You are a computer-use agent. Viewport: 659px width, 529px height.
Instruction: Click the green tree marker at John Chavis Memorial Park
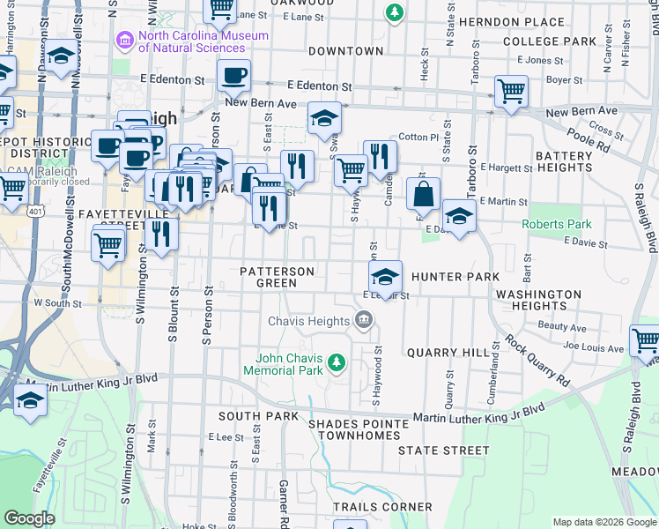pyautogui.click(x=336, y=362)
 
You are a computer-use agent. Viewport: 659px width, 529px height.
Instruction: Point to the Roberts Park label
pyautogui.click(x=557, y=224)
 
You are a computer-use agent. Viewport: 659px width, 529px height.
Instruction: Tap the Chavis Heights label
pyautogui.click(x=309, y=320)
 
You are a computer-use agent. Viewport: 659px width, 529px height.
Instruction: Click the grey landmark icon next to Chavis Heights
pyautogui.click(x=363, y=320)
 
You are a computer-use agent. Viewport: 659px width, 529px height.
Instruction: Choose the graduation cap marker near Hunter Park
pyautogui.click(x=385, y=277)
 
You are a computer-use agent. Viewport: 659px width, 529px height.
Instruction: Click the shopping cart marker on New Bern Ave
pyautogui.click(x=511, y=91)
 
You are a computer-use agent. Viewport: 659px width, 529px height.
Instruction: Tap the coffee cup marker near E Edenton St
pyautogui.click(x=233, y=77)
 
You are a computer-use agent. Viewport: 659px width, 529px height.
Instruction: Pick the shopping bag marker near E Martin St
pyautogui.click(x=424, y=194)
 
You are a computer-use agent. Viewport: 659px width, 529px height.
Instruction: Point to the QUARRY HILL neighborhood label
pyautogui.click(x=448, y=353)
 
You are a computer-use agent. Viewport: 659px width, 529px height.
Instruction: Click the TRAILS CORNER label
pyautogui.click(x=382, y=507)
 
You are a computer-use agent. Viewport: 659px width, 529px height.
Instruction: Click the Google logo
pyautogui.click(x=29, y=518)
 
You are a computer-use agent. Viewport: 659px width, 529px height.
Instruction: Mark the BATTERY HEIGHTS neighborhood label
pyautogui.click(x=564, y=161)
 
